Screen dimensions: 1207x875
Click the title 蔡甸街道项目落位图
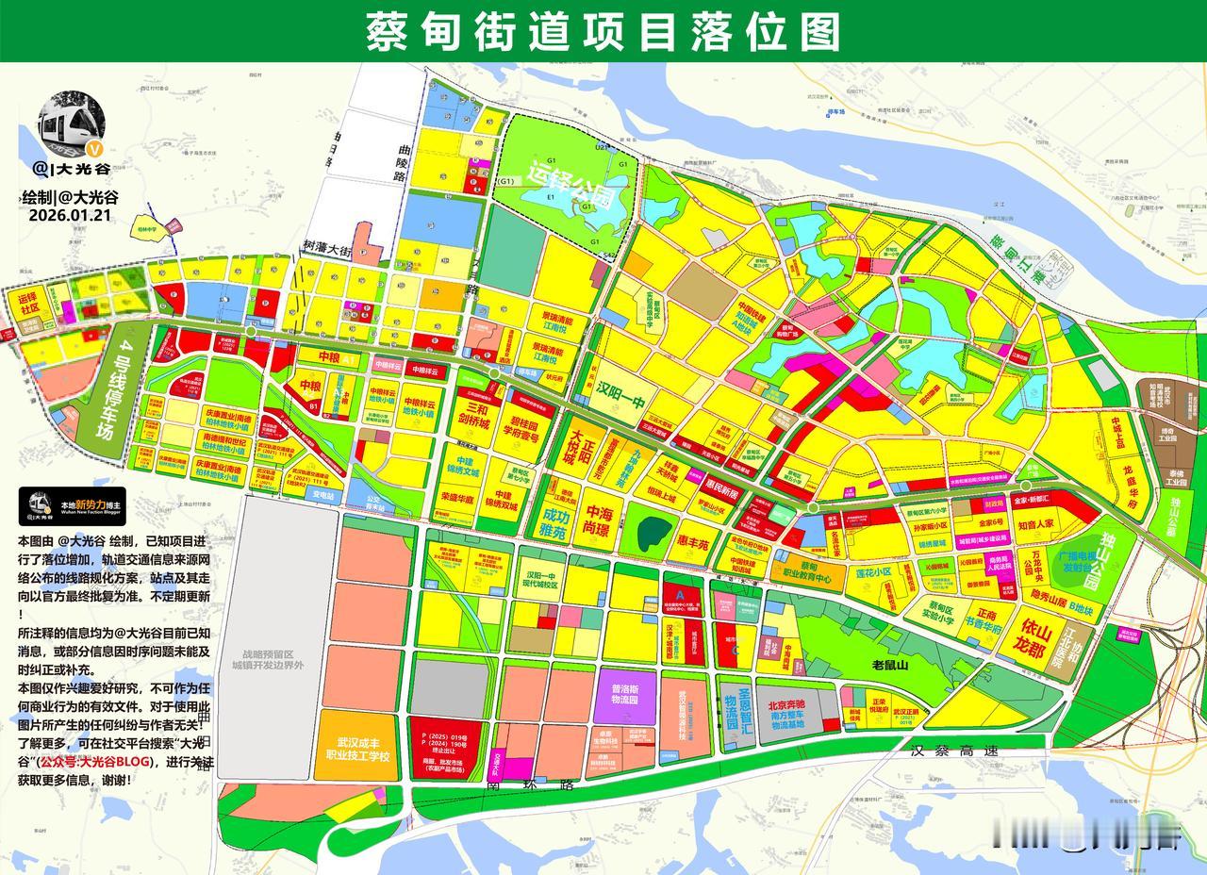pyautogui.click(x=603, y=31)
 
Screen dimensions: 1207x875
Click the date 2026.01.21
pyautogui.click(x=70, y=214)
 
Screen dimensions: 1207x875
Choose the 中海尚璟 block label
pyautogui.click(x=599, y=521)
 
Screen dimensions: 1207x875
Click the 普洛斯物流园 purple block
pyautogui.click(x=626, y=695)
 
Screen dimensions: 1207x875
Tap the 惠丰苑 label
pyautogui.click(x=699, y=543)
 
